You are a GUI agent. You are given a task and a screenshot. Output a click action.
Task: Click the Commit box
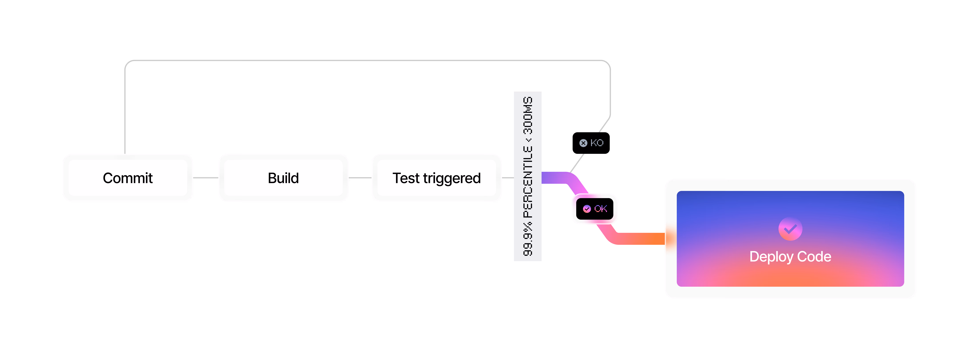[128, 178]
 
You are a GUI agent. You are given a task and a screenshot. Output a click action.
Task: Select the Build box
[283, 178]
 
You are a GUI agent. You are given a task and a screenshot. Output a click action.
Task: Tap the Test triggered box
[436, 178]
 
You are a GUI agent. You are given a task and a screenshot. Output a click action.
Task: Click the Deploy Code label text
[790, 257]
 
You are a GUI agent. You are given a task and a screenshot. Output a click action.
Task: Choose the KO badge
[591, 143]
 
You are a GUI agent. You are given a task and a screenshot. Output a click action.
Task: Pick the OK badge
[595, 209]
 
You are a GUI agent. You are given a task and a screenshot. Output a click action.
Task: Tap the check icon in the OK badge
[587, 209]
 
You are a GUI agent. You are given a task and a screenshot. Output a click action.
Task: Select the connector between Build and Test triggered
[360, 178]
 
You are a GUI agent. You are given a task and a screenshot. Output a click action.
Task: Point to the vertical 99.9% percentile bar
[528, 176]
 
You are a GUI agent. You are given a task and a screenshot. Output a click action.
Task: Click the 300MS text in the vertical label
[528, 116]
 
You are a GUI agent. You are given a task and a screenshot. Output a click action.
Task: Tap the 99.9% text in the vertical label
[528, 239]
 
